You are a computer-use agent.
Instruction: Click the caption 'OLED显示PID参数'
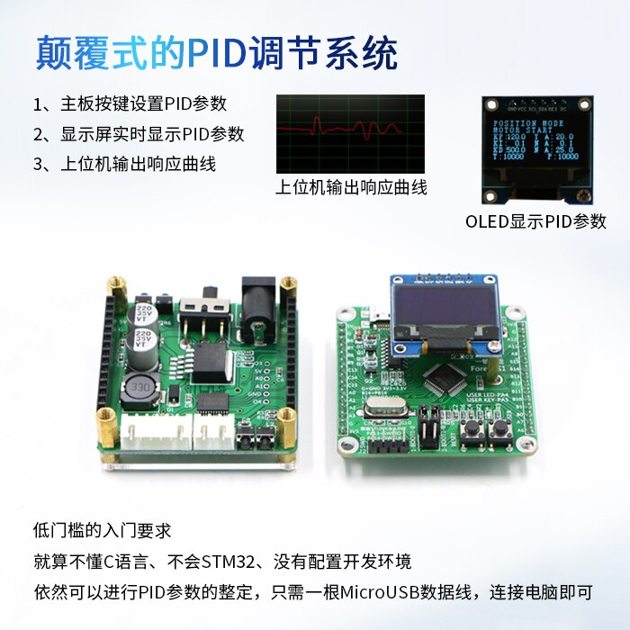(535, 221)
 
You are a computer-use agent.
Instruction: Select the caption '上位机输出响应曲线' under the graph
(351, 187)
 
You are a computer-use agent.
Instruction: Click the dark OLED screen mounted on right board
(444, 307)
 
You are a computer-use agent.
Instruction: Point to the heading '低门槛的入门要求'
(102, 531)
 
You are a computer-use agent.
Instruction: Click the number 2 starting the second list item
(39, 135)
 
